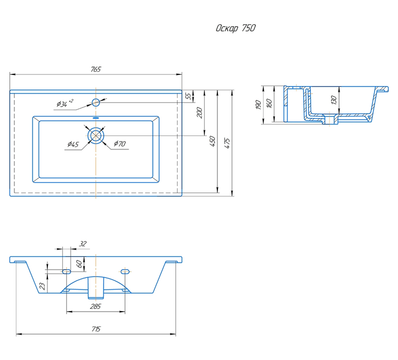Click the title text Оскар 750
point(235,28)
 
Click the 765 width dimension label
point(96,69)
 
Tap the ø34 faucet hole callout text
point(65,103)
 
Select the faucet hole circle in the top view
point(96,103)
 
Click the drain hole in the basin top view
point(96,136)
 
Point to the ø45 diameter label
point(73,145)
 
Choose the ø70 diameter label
point(120,144)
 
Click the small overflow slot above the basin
point(96,118)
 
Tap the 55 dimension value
point(188,96)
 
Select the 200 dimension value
point(200,113)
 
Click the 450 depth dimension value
point(213,141)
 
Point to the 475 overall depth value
point(227,143)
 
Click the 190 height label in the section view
point(258,105)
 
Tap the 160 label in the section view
point(269,103)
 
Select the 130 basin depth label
point(334,100)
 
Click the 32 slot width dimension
point(83,244)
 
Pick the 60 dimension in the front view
point(79,264)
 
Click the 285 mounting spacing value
point(96,307)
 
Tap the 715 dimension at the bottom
point(96,329)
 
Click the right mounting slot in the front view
point(125,272)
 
